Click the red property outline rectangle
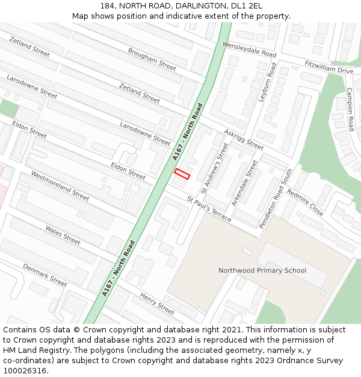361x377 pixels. pyautogui.click(x=182, y=174)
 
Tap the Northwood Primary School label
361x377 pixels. pyautogui.click(x=262, y=270)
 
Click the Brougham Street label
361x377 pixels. pyautogui.click(x=152, y=59)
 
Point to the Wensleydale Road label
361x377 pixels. pyautogui.click(x=249, y=49)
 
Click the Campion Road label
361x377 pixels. pyautogui.click(x=350, y=109)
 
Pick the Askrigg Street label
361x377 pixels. pyautogui.click(x=244, y=139)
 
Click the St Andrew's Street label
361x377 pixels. pyautogui.click(x=215, y=167)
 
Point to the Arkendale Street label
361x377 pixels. pyautogui.click(x=244, y=183)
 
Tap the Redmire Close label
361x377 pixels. pyautogui.click(x=305, y=201)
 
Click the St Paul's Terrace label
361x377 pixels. pyautogui.click(x=209, y=209)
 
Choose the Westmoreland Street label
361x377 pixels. pyautogui.click(x=60, y=186)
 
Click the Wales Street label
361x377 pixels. pyautogui.click(x=63, y=235)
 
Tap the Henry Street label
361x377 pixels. pyautogui.click(x=156, y=303)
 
